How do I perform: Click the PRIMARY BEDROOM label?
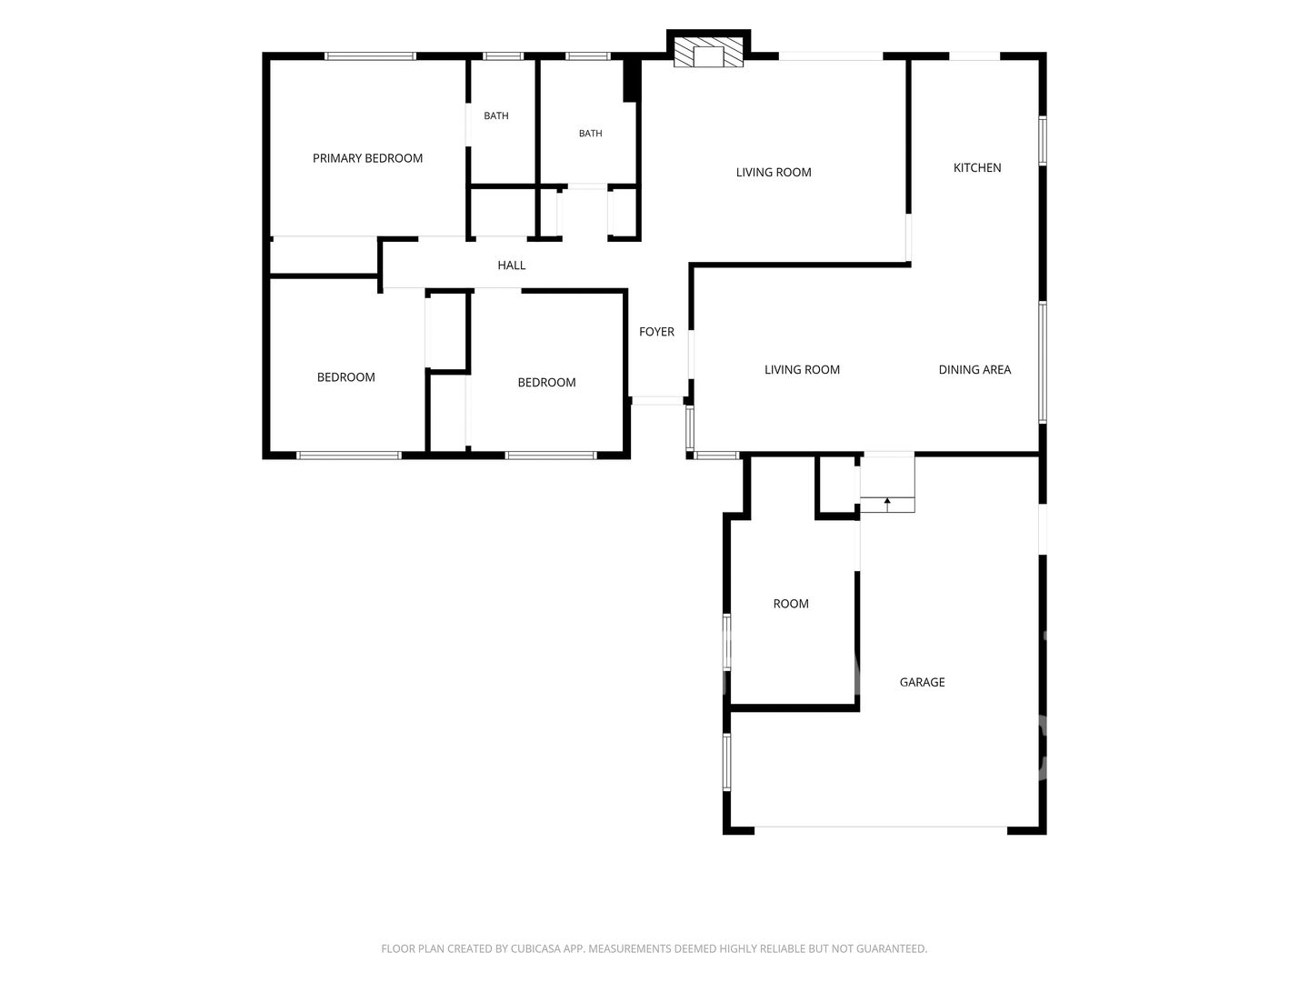pyautogui.click(x=367, y=158)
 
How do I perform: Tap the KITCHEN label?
pyautogui.click(x=977, y=167)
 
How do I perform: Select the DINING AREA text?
pyautogui.click(x=974, y=370)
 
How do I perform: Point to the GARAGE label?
pyautogui.click(x=922, y=682)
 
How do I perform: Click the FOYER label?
pyautogui.click(x=656, y=332)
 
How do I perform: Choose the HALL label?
pyautogui.click(x=512, y=266)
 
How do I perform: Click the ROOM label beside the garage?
pyautogui.click(x=791, y=604)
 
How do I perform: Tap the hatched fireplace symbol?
pyautogui.click(x=708, y=53)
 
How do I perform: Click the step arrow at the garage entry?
pyautogui.click(x=887, y=504)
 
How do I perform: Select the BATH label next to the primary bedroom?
pyautogui.click(x=496, y=115)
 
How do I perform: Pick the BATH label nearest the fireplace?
pyautogui.click(x=590, y=133)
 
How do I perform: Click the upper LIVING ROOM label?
pyautogui.click(x=774, y=173)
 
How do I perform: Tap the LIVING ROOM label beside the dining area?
pyautogui.click(x=802, y=370)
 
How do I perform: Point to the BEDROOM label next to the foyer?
pyautogui.click(x=546, y=382)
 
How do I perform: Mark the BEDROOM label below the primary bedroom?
pyautogui.click(x=346, y=376)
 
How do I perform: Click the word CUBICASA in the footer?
pyautogui.click(x=535, y=948)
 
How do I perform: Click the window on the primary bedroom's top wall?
pyautogui.click(x=370, y=56)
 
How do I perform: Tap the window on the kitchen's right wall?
pyautogui.click(x=1043, y=141)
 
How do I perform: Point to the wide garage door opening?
pyautogui.click(x=880, y=829)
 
